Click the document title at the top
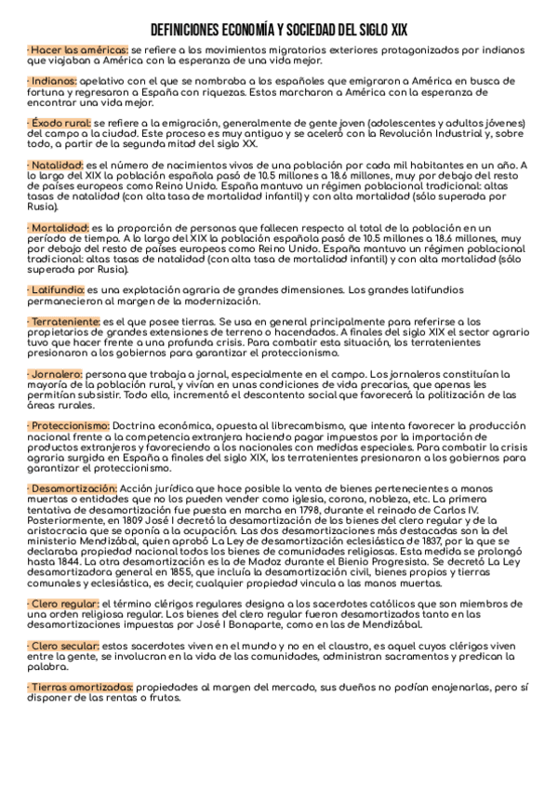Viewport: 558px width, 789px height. coord(279,30)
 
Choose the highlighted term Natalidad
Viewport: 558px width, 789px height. coord(58,164)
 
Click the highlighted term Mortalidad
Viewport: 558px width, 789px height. coord(60,228)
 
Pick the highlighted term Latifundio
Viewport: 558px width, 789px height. coord(58,290)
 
